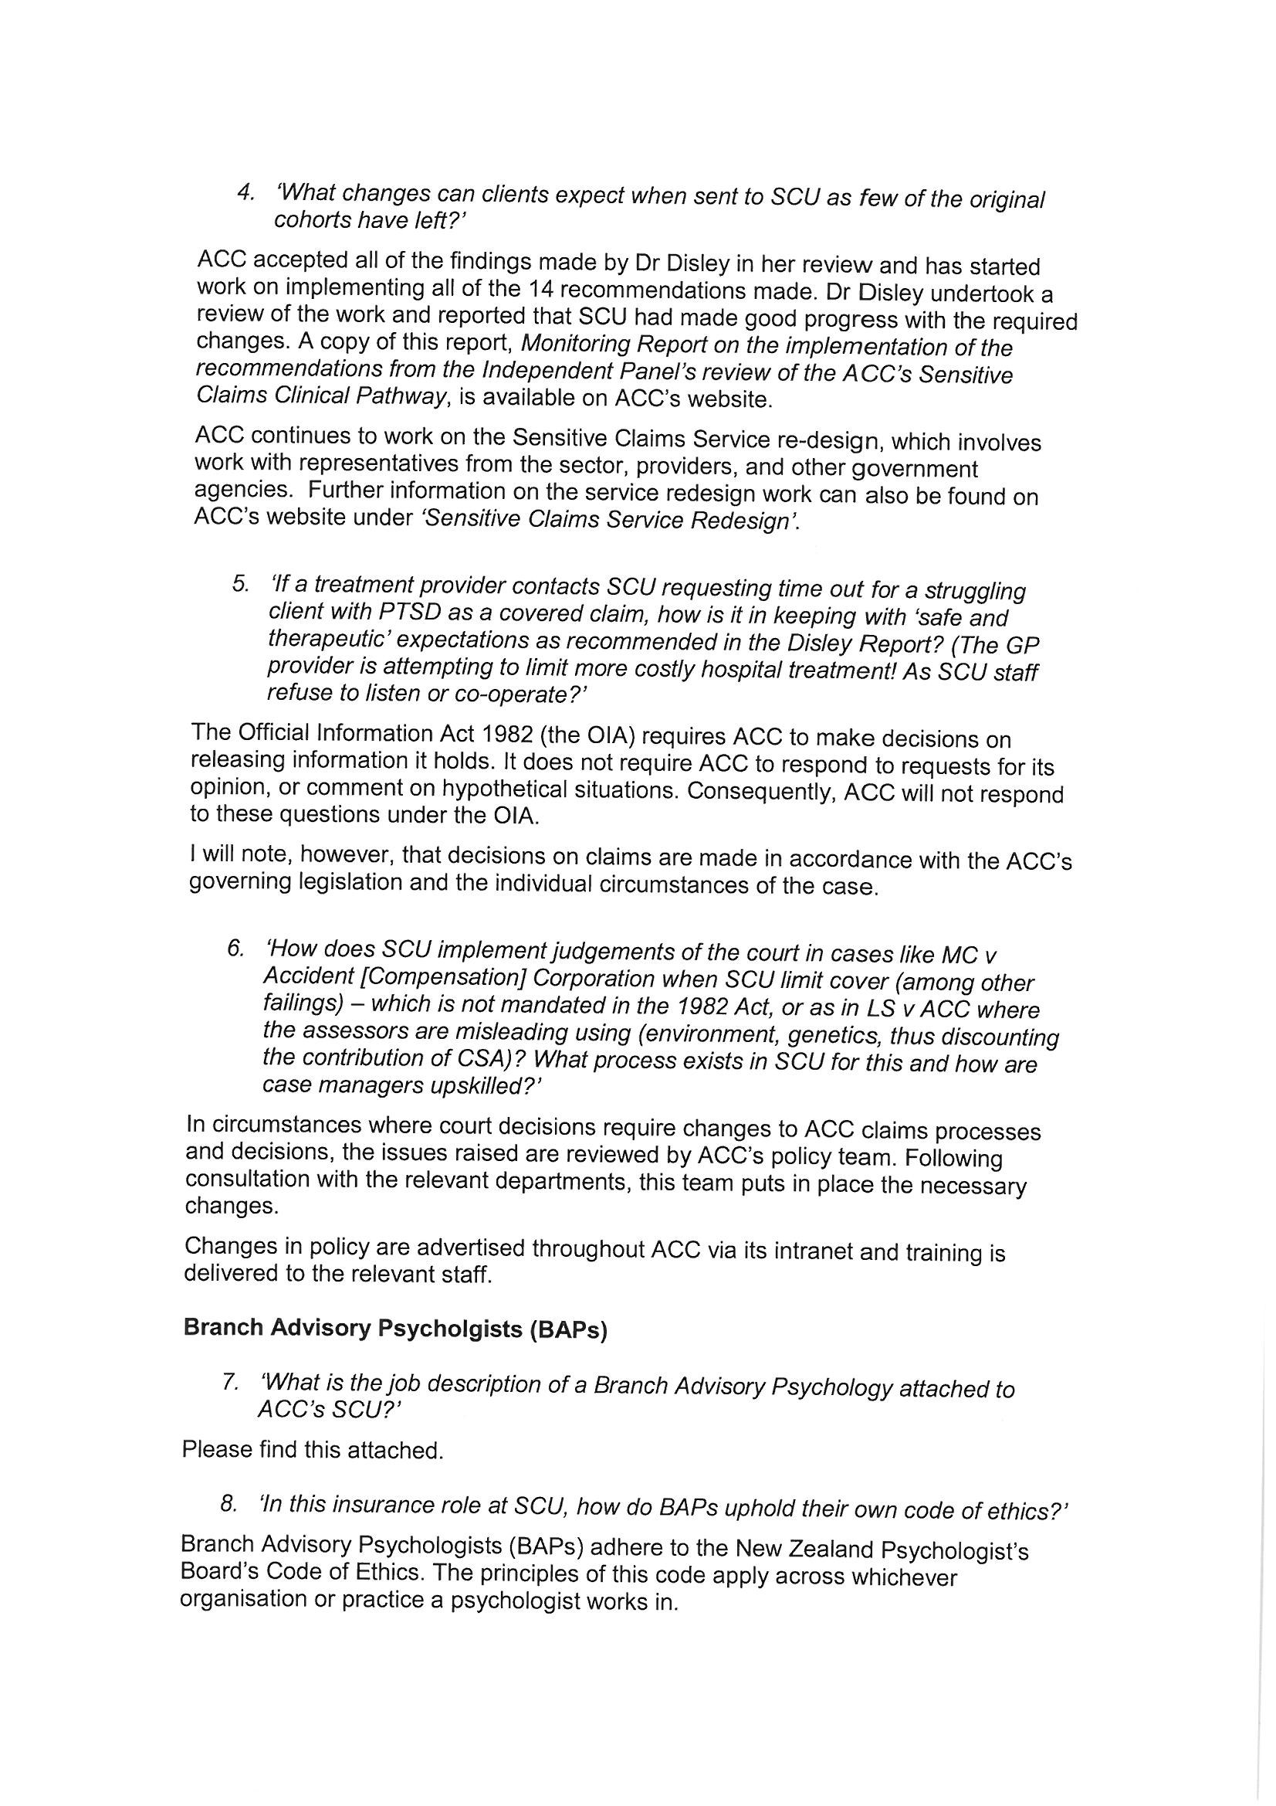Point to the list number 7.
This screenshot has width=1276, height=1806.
point(230,1382)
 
